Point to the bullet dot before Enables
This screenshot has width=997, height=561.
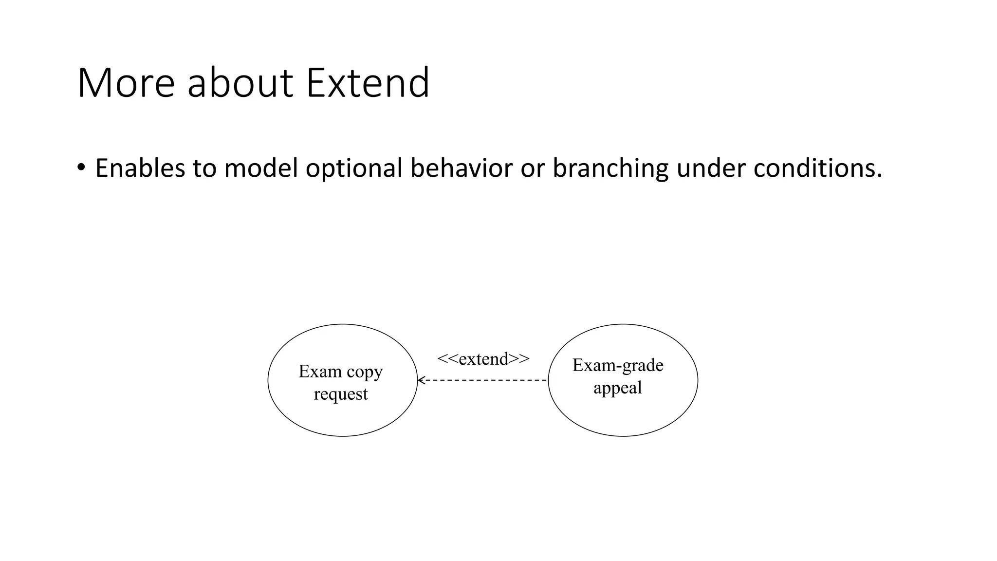pos(81,168)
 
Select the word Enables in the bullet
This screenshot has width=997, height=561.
pos(140,168)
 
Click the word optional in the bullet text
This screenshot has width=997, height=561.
pos(353,168)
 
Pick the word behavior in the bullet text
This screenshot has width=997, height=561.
pos(461,168)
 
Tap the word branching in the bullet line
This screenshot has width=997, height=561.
pos(610,168)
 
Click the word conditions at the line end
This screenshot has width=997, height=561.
pos(817,168)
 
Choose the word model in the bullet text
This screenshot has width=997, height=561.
pos(260,168)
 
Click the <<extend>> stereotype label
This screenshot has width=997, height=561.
pos(483,359)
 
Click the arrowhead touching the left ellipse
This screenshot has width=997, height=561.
pos(422,380)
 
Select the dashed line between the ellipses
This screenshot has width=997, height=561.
pos(487,380)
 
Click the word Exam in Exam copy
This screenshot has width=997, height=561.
pos(320,372)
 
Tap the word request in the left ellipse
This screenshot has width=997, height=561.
pos(341,394)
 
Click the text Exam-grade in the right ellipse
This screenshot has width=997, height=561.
pos(618,365)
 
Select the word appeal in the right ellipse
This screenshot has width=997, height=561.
pos(617,388)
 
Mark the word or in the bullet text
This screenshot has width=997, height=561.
pos(533,168)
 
